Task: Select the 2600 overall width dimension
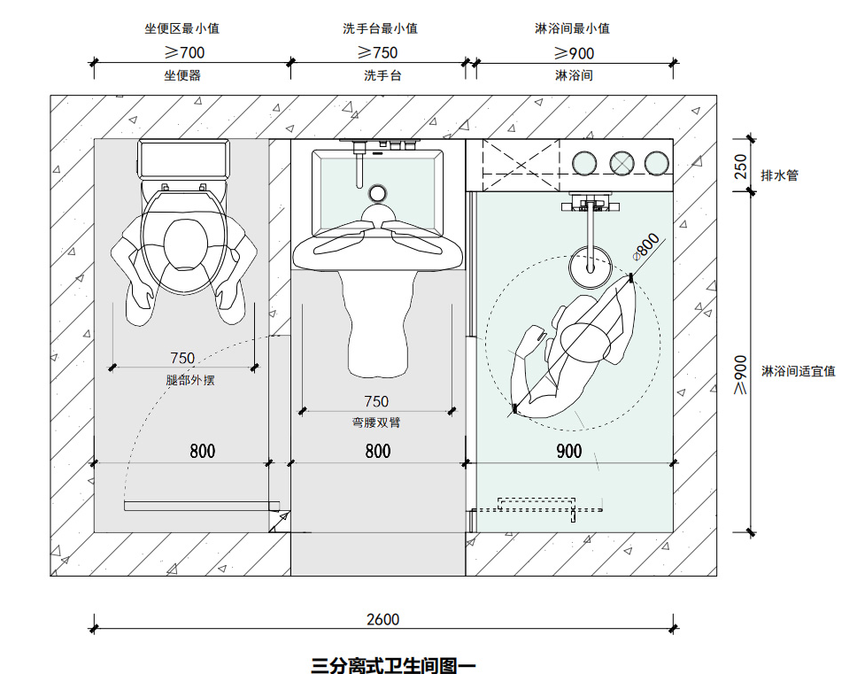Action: click(382, 619)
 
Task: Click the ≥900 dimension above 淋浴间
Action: click(574, 52)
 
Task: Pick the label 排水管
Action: click(779, 175)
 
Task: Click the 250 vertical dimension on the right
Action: click(741, 167)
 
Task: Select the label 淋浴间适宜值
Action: click(798, 371)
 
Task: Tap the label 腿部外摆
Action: click(190, 380)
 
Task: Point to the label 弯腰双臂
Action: click(376, 422)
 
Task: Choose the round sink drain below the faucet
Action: click(377, 193)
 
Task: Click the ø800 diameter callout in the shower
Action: click(647, 245)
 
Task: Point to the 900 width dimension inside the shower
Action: click(569, 452)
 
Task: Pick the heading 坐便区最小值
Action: click(181, 28)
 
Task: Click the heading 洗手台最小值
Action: click(380, 28)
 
